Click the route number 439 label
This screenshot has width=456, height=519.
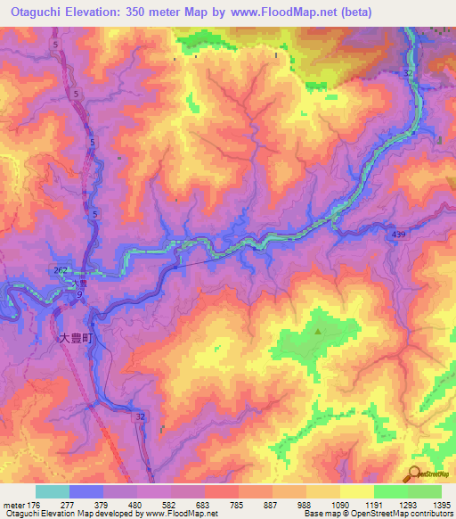pos(399,233)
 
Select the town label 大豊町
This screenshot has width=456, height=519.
pos(77,338)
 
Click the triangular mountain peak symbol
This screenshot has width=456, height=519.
pos(318,332)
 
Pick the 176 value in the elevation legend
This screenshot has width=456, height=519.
pos(36,505)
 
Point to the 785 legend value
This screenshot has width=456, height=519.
pos(239,505)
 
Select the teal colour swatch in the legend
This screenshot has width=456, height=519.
pos(53,491)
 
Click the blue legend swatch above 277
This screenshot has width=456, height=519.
pos(86,491)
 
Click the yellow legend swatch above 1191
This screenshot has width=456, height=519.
pos(357,491)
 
